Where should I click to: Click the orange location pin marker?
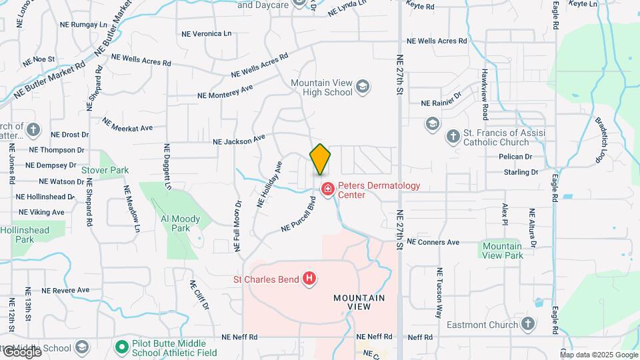coord(321,159)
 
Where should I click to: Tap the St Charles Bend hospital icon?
coord(309,278)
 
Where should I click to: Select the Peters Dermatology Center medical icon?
coord(327,189)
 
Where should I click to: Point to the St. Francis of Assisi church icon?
coord(453,137)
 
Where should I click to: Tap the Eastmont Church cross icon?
coord(528,325)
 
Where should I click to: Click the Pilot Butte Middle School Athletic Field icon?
coord(121,347)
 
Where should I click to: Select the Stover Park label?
coord(105,171)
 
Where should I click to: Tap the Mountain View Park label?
coord(502,251)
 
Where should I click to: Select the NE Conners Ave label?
coord(433,242)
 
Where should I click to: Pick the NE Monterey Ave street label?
coord(225,91)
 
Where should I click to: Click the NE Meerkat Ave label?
coord(127,124)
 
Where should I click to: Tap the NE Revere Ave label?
coord(65,290)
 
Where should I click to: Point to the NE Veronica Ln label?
coord(207,33)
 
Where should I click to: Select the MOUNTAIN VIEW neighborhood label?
coord(359,302)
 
